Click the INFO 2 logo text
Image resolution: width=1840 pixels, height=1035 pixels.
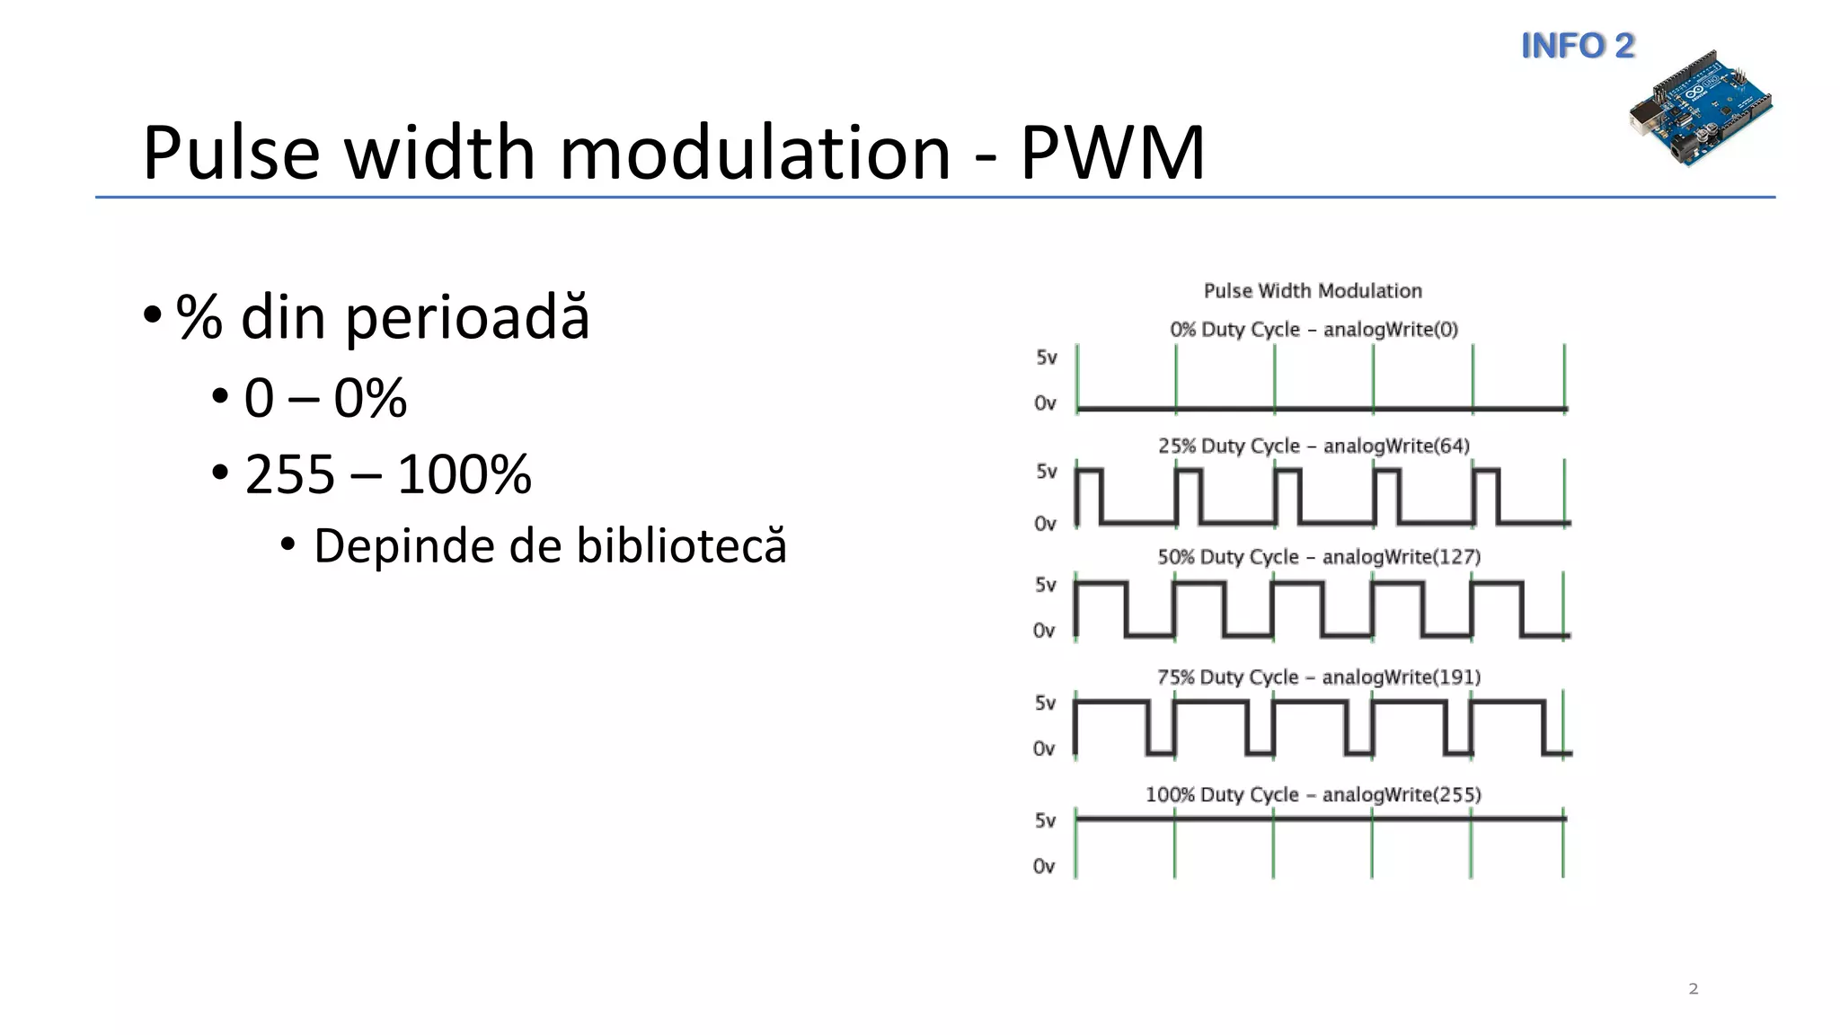[x=1578, y=46]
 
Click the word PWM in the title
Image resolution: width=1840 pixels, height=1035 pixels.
[x=1111, y=153]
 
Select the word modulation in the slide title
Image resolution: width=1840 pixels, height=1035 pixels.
[x=755, y=153]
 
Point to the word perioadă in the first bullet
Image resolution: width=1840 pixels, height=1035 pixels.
[x=467, y=318]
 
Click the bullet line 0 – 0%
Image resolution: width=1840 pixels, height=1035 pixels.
[x=324, y=398]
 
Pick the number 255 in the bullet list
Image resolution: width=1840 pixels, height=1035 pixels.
[x=289, y=474]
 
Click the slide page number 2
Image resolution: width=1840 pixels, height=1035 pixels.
[x=1694, y=989]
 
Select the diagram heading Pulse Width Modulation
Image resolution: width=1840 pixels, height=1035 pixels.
[x=1313, y=291]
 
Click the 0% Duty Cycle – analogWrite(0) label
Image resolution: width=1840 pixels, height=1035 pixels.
[x=1314, y=330]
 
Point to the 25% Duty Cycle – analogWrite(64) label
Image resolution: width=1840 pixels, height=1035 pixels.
[x=1314, y=447]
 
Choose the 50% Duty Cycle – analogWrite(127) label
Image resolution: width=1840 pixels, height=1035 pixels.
[x=1318, y=557]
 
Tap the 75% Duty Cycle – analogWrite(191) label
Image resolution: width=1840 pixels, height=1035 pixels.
[x=1318, y=677]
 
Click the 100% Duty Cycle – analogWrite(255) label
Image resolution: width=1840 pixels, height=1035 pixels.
[x=1313, y=795]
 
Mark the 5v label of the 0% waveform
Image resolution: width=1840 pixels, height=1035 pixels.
[x=1046, y=358]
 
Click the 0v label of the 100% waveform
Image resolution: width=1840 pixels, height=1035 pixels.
[x=1043, y=867]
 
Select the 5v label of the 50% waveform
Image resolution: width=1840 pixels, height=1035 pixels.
[x=1045, y=585]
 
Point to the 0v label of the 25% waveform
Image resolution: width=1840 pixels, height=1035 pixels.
[x=1044, y=524]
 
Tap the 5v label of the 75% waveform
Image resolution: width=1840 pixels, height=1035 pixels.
[x=1045, y=703]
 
